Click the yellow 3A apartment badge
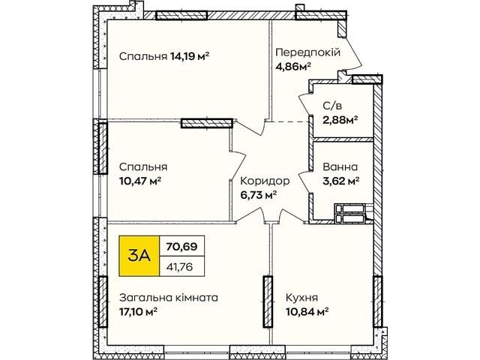point(139,256)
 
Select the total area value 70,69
point(181,246)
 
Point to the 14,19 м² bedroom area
point(190,56)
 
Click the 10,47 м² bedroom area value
point(140,181)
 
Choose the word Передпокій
point(308,52)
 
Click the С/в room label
point(332,106)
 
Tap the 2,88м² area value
point(340,120)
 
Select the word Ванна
point(340,167)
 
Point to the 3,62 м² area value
point(341,181)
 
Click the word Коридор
point(265,181)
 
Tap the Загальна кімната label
point(169,298)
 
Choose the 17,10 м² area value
point(138,312)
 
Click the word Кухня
point(301,298)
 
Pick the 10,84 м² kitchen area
point(307,312)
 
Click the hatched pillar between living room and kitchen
point(268,301)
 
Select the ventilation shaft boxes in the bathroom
point(350,214)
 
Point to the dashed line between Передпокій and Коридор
point(288,121)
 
